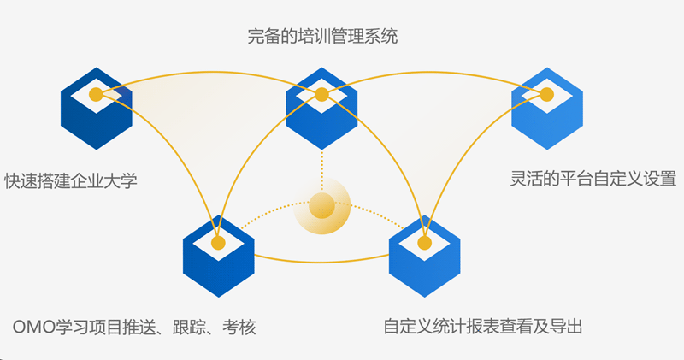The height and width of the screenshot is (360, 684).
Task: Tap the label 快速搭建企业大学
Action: [70, 180]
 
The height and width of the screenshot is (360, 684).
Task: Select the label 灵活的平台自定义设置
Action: [592, 180]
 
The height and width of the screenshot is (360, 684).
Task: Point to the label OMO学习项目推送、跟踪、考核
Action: [135, 328]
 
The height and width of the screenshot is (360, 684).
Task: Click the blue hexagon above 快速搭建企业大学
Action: [97, 115]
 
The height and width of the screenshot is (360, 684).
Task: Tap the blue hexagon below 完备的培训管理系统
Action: [321, 115]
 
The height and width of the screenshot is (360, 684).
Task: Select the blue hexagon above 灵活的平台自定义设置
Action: [546, 115]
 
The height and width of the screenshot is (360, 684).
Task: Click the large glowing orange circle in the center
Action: [322, 206]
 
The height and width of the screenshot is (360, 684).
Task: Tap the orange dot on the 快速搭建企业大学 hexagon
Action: [97, 94]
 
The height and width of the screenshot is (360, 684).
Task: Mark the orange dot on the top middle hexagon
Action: [321, 94]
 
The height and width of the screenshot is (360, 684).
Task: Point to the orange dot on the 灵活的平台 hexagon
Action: [547, 94]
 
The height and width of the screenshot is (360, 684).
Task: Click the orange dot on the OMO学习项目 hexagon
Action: [218, 243]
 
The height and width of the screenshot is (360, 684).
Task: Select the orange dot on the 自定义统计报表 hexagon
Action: [425, 243]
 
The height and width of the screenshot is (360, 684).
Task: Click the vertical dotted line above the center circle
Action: [321, 162]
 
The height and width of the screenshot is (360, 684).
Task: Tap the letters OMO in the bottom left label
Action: [33, 328]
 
